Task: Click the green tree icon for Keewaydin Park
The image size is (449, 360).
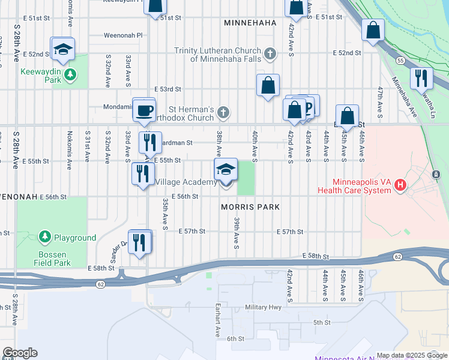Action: coord(71,74)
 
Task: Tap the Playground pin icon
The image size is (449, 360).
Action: coord(44,238)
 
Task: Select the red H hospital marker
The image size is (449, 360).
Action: coord(400,186)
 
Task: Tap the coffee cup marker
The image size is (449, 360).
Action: coord(143,110)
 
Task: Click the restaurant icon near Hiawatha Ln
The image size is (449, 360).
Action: coord(421,77)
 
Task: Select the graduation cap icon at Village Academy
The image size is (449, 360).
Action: coord(226,169)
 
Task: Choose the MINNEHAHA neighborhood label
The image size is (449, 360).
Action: coord(250,23)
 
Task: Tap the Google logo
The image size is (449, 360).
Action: coord(19,353)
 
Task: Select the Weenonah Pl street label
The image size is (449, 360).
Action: coord(122,35)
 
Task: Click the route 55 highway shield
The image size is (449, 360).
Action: coord(399,61)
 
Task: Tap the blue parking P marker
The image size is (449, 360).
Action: coord(308,106)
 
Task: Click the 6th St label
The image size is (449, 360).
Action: coord(234,338)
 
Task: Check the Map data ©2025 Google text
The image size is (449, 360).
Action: coord(411,355)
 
